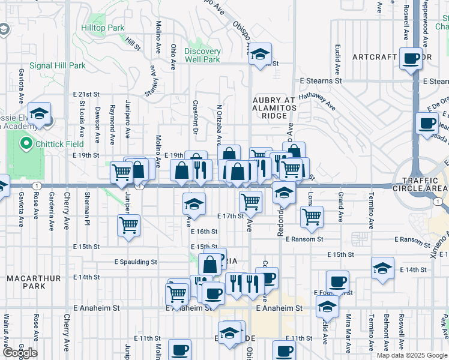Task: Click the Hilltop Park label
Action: pyautogui.click(x=103, y=28)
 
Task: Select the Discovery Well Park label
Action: pyautogui.click(x=202, y=55)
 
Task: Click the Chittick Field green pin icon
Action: pyautogui.click(x=26, y=144)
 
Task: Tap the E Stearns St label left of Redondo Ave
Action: pyautogui.click(x=321, y=80)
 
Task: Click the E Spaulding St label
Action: pyautogui.click(x=136, y=262)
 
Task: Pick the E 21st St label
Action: pyautogui.click(x=86, y=95)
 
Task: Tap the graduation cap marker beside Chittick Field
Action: pyautogui.click(x=40, y=114)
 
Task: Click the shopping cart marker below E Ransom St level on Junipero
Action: pyautogui.click(x=129, y=226)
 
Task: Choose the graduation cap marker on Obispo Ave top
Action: pyautogui.click(x=261, y=55)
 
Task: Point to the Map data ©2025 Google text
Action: pyautogui.click(x=412, y=355)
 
